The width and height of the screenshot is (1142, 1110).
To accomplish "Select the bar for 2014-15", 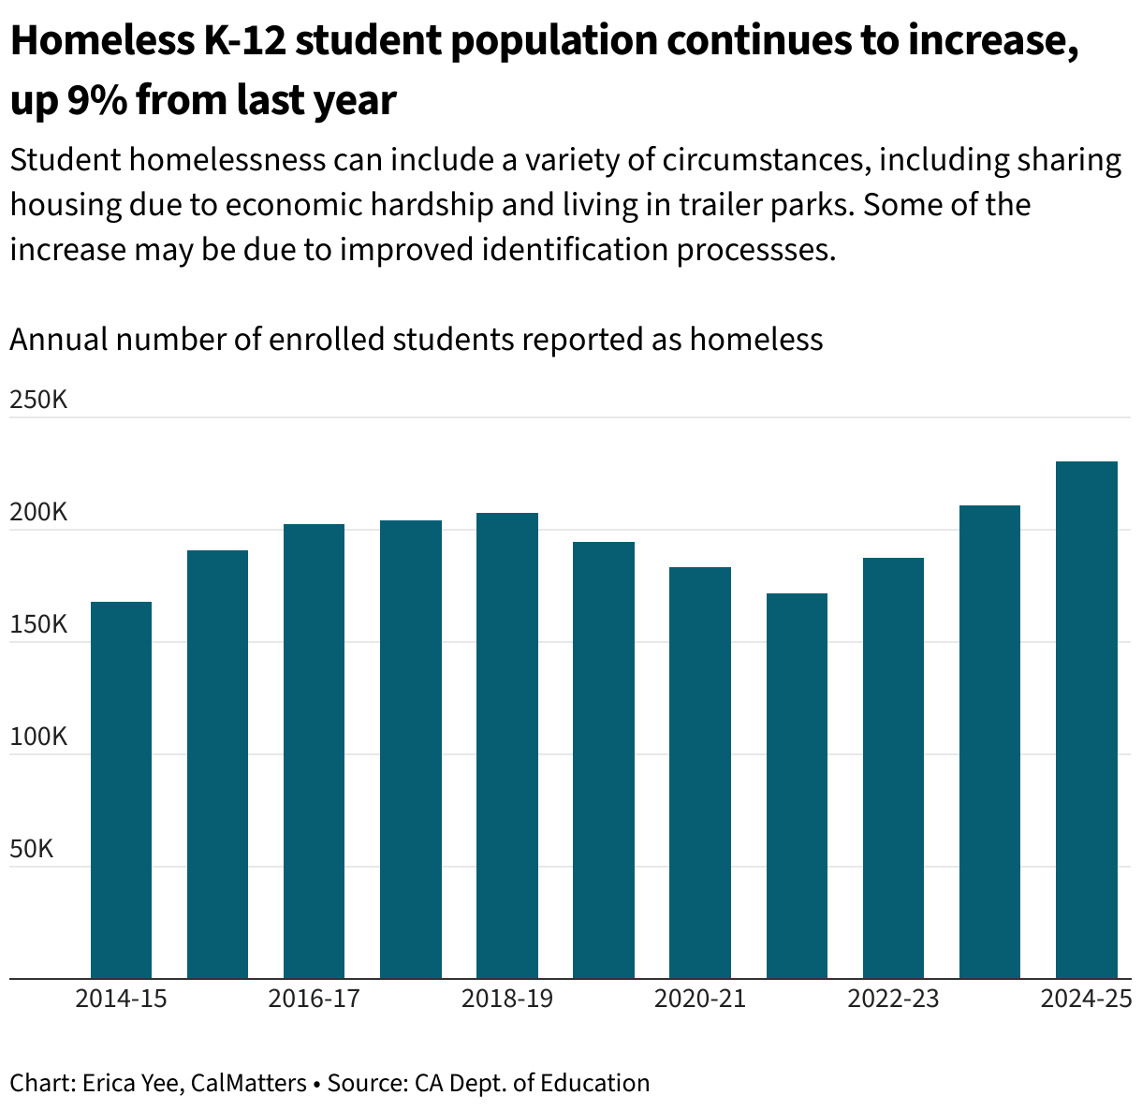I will [121, 791].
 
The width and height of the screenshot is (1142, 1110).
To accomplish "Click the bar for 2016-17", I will [314, 752].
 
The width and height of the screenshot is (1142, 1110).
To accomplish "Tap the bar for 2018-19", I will [506, 746].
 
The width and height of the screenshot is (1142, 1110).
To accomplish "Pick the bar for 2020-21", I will [700, 773].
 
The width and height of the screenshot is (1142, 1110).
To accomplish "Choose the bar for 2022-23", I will [893, 768].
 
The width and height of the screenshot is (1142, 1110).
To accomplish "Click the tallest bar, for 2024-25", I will [1086, 721].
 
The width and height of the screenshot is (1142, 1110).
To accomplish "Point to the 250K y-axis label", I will [38, 401].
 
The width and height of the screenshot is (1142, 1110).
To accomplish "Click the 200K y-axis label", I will [38, 513].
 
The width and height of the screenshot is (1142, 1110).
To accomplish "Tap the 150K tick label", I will [38, 625].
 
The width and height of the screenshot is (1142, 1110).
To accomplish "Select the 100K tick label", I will [38, 738].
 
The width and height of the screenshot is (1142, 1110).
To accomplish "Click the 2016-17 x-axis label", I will [314, 999].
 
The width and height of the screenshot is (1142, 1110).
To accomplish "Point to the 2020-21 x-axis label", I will [700, 999].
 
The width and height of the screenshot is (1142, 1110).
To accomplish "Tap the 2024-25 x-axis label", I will [1087, 999].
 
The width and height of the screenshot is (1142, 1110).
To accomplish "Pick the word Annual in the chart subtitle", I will [57, 339].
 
